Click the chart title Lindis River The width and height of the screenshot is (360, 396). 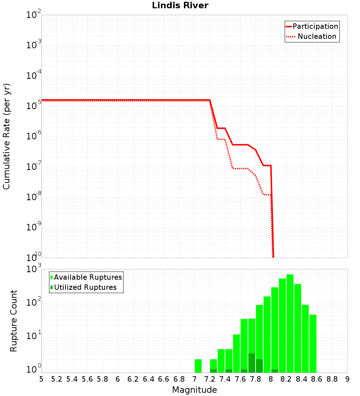[180, 6]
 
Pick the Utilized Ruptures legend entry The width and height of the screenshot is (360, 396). [85, 287]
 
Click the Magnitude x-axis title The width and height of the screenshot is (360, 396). [194, 390]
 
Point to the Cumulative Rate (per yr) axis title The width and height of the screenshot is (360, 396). [7, 136]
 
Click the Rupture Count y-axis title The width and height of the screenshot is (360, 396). [14, 321]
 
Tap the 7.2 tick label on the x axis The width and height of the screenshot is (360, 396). [210, 379]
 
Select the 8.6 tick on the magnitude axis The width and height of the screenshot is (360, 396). [317, 379]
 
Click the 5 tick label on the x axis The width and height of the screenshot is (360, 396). [41, 379]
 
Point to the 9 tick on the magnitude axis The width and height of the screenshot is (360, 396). [347, 379]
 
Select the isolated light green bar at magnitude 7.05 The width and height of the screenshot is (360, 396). [198, 366]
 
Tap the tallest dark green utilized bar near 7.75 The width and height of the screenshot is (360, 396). [252, 363]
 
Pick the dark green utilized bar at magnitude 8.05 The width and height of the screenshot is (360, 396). [275, 371]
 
